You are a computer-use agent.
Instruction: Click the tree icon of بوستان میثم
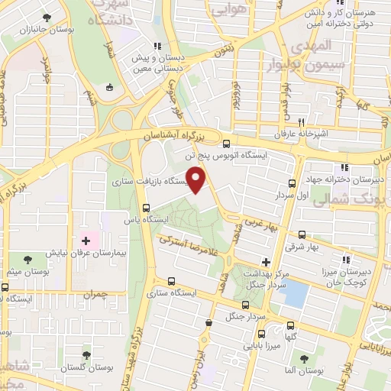coord(28,260)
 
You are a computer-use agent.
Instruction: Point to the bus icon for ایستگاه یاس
coord(146,207)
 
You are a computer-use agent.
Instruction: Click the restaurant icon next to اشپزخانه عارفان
coord(302,122)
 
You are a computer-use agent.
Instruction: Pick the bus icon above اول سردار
coord(292,183)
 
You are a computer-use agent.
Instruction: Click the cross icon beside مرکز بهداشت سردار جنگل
coord(266,262)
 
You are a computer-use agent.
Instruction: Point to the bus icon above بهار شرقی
coord(302,235)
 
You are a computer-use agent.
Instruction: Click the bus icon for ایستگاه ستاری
coord(170,280)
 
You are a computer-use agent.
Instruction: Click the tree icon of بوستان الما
coord(305,359)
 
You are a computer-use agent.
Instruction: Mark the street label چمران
coord(95,293)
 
